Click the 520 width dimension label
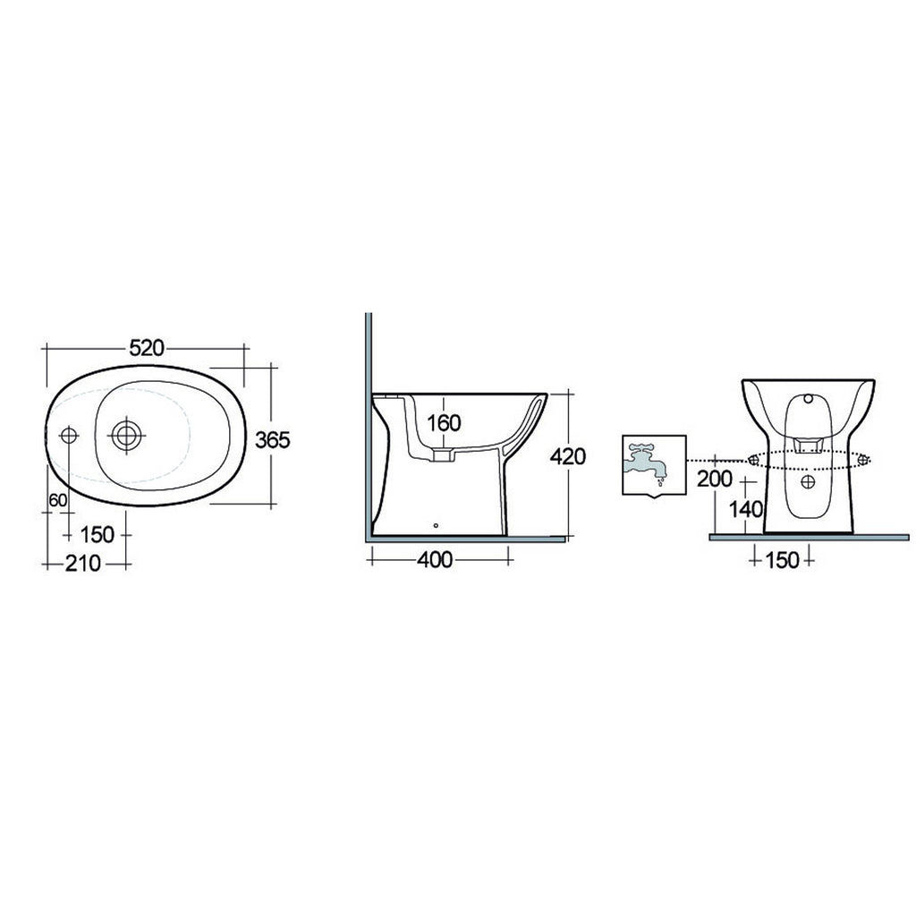point(147,349)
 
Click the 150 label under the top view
point(97,534)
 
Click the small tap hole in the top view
point(69,435)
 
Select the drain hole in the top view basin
point(127,435)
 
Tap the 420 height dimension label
point(566,456)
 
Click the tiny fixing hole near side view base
point(436,526)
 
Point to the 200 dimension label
point(715,479)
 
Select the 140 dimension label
point(744,510)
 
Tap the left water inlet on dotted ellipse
point(751,460)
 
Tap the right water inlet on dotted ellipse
point(862,460)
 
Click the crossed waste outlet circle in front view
point(808,481)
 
